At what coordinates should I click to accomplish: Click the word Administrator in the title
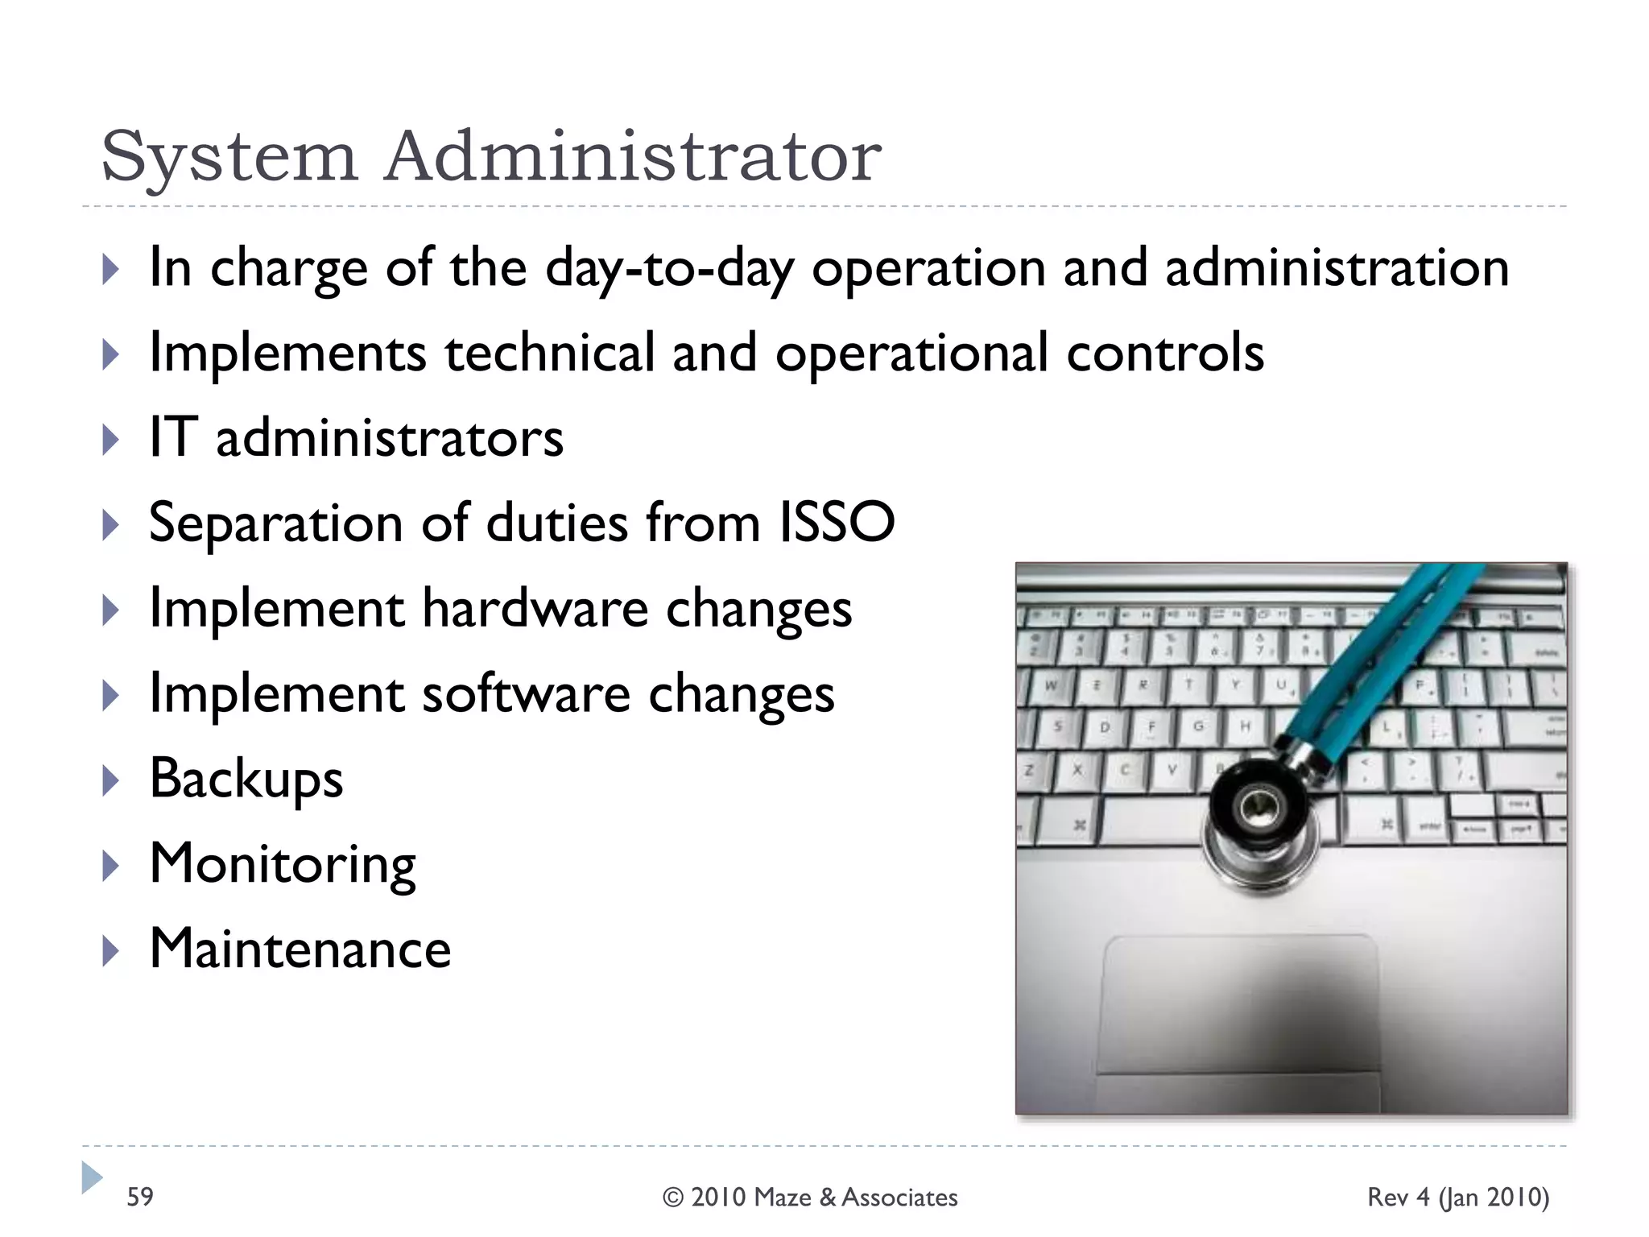tap(633, 156)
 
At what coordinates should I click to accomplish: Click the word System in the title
tap(229, 158)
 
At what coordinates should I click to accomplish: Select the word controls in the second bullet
tap(1165, 353)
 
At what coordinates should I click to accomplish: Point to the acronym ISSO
tap(837, 523)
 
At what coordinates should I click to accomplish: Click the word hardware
tap(535, 608)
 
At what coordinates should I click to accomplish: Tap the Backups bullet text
tap(246, 779)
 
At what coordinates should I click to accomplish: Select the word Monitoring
tap(283, 864)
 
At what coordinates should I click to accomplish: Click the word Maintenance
tap(300, 949)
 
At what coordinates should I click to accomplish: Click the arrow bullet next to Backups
tap(111, 780)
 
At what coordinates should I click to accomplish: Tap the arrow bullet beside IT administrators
tap(111, 440)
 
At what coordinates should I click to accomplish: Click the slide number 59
tap(140, 1197)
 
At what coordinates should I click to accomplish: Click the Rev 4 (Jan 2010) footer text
tap(1457, 1198)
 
